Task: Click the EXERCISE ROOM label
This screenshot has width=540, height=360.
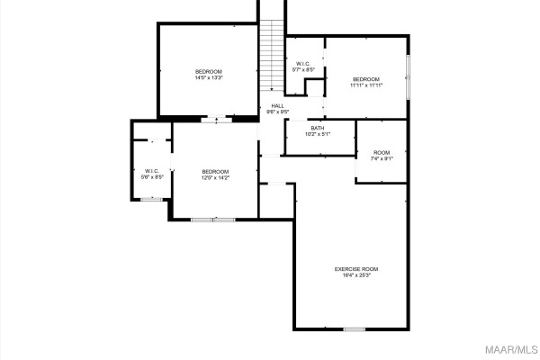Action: click(x=356, y=269)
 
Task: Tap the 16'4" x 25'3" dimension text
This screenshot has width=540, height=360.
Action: click(x=356, y=275)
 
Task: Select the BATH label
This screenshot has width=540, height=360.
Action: click(x=318, y=128)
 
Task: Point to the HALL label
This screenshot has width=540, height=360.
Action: click(x=278, y=105)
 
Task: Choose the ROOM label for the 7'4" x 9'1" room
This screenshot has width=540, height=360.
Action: click(x=382, y=153)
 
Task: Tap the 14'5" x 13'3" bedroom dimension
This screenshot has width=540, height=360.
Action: click(x=209, y=78)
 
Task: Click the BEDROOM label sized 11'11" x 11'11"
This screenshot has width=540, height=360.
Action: click(x=366, y=79)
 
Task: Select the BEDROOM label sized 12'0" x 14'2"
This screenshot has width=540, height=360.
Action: click(x=215, y=172)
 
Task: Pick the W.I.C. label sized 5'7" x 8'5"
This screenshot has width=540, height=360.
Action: click(x=303, y=63)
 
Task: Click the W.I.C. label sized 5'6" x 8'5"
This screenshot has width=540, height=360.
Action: click(x=151, y=171)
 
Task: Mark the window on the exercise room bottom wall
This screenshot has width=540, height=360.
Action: click(x=355, y=329)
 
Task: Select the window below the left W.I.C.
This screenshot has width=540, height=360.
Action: click(x=151, y=199)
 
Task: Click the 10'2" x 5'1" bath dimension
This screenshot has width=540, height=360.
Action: click(x=318, y=134)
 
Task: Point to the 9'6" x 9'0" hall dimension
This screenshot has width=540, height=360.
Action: click(x=278, y=112)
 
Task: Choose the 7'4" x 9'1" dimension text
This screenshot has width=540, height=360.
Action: click(x=382, y=159)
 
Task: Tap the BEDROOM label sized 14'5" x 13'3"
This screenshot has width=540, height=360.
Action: click(x=209, y=72)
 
